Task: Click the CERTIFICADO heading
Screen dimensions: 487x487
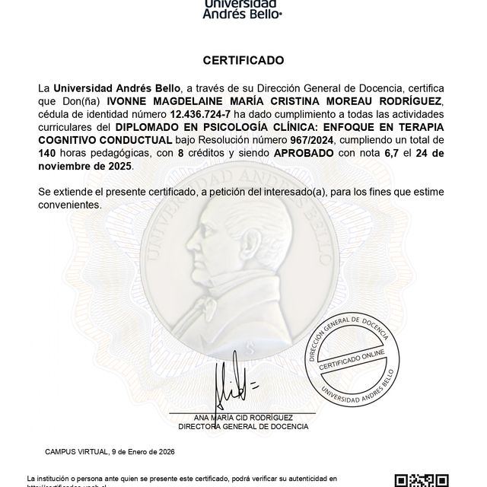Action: [243, 59]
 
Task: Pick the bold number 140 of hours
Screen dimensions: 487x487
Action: [48, 153]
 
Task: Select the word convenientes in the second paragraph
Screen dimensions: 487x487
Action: [69, 205]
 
